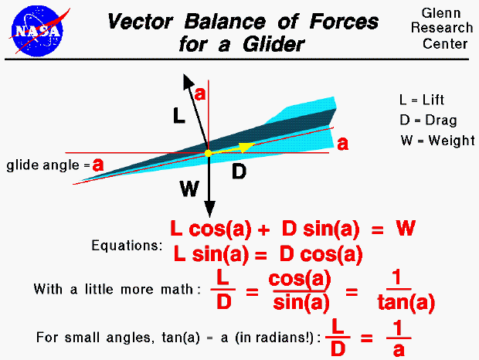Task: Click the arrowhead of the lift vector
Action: click(185, 79)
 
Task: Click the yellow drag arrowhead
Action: click(246, 147)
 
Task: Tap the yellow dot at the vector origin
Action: click(208, 154)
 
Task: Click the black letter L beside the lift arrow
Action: click(178, 117)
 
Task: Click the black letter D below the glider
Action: click(239, 172)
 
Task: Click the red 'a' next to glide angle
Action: click(98, 165)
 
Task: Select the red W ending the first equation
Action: click(406, 229)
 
